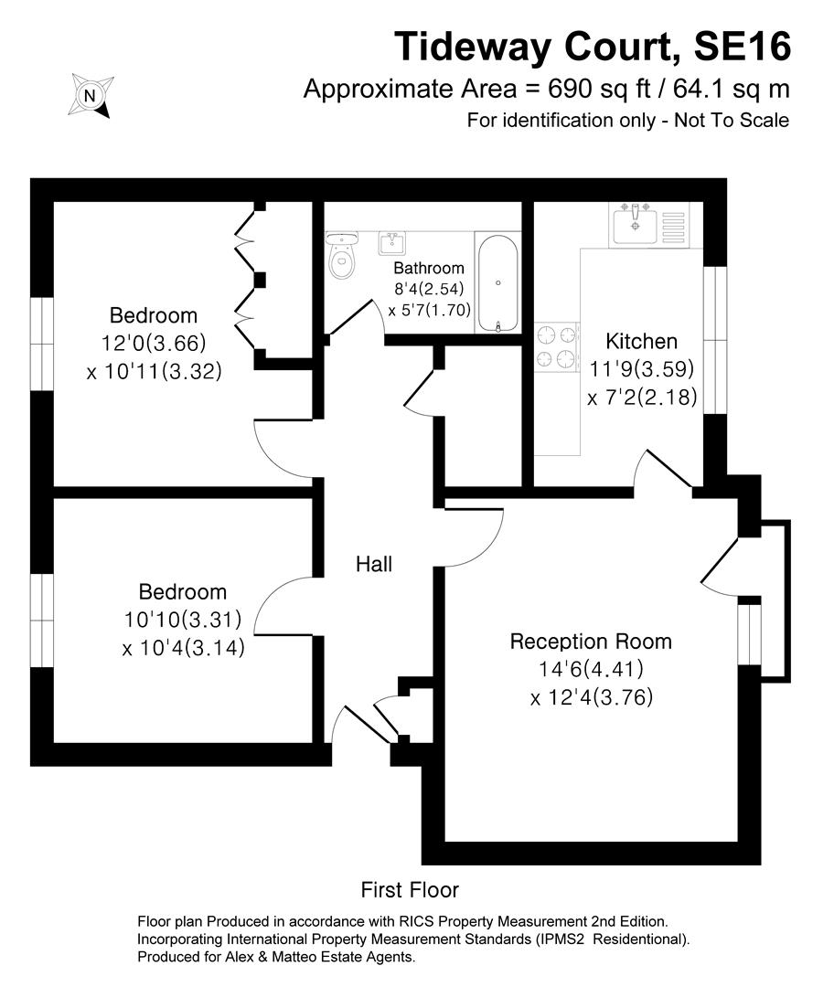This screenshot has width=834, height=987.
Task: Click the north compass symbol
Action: click(90, 95)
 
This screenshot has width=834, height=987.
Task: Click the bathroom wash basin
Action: click(393, 243)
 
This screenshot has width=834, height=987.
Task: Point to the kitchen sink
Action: click(636, 224)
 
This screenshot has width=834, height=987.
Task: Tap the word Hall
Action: click(374, 565)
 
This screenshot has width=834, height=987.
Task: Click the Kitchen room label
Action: click(642, 342)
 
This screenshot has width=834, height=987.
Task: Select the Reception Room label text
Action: click(591, 642)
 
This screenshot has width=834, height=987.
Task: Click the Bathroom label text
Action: click(429, 269)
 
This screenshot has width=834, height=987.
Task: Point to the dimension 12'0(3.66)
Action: click(154, 344)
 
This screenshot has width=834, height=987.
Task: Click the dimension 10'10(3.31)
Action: click(183, 620)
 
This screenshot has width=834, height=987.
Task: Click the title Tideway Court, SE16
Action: click(592, 46)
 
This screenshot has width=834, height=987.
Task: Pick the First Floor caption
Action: click(410, 889)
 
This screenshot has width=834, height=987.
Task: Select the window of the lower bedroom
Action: click(41, 610)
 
